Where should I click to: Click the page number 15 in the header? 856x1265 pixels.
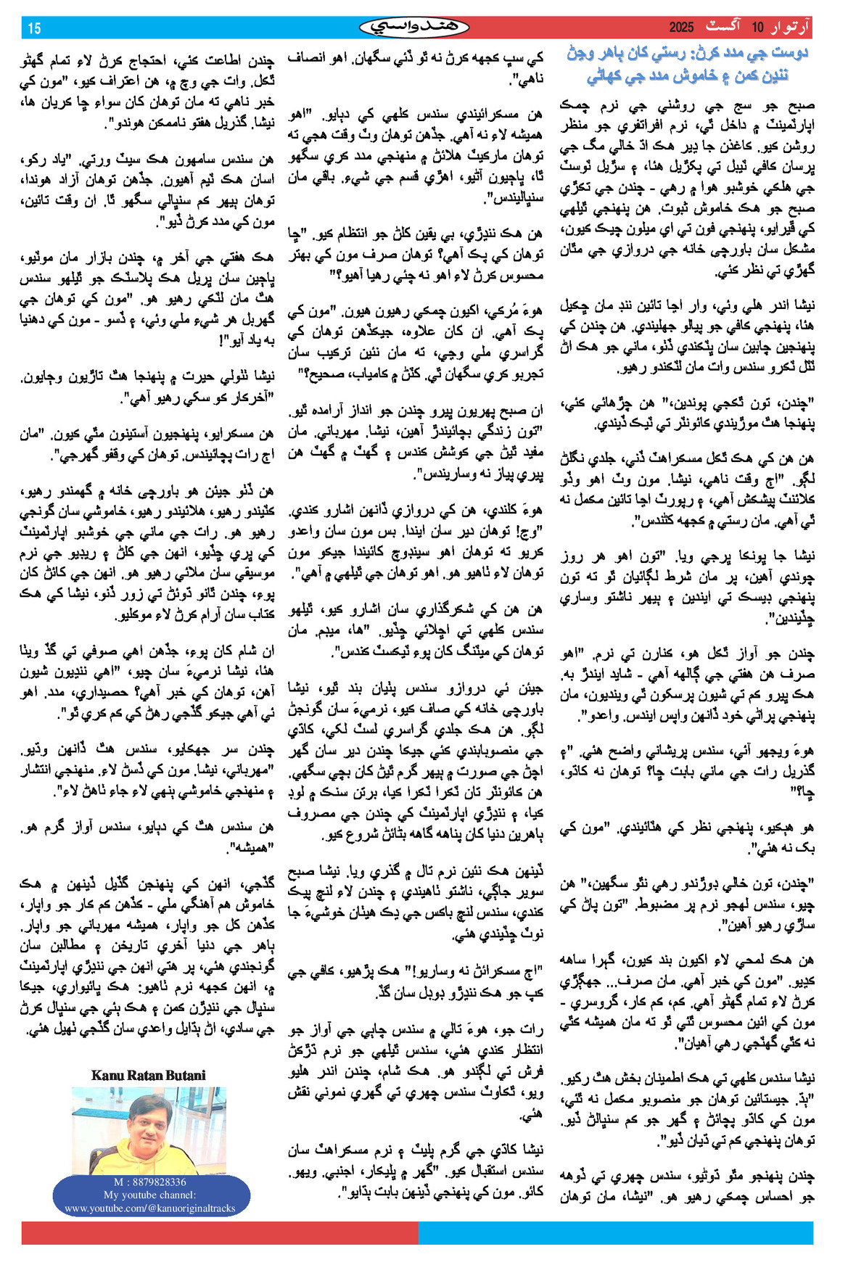pos(34,28)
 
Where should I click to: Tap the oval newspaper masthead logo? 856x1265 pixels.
pos(414,28)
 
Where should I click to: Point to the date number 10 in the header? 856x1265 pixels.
pos(757,28)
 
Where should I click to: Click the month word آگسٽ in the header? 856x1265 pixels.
pos(723,28)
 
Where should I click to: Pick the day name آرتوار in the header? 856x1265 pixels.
pos(791,28)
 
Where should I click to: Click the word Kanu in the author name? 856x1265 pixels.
pos(107,1076)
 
